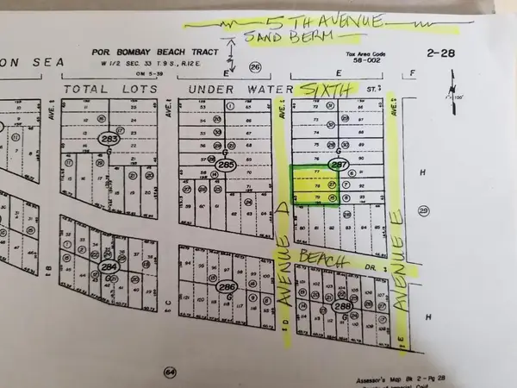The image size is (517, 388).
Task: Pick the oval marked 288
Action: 343,305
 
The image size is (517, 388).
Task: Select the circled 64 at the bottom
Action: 170,372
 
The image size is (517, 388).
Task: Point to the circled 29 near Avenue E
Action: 423,210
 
